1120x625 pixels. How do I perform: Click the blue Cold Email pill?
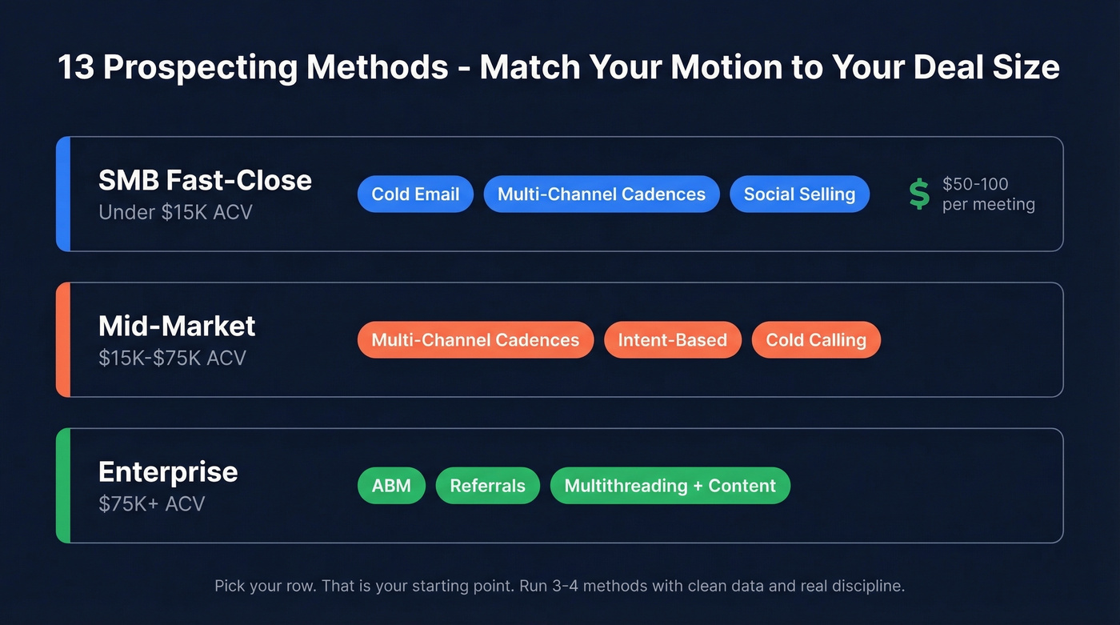pyautogui.click(x=415, y=194)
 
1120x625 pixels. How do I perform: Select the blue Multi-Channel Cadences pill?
pyautogui.click(x=601, y=194)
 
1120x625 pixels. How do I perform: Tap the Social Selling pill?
pyautogui.click(x=799, y=194)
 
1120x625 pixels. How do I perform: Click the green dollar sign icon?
pyautogui.click(x=919, y=194)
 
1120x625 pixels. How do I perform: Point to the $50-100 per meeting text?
pyautogui.click(x=988, y=194)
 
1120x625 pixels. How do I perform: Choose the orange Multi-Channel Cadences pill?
pyautogui.click(x=475, y=340)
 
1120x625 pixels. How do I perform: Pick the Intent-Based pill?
pyautogui.click(x=672, y=340)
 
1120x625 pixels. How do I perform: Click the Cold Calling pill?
pyautogui.click(x=815, y=340)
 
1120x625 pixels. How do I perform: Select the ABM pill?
pyautogui.click(x=391, y=486)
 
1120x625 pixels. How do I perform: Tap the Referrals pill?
pyautogui.click(x=487, y=486)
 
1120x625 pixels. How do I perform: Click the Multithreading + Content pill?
pyautogui.click(x=670, y=486)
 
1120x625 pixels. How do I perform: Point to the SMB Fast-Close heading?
pyautogui.click(x=205, y=180)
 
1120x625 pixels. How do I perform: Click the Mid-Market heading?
pyautogui.click(x=177, y=326)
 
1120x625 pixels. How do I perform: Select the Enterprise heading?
pyautogui.click(x=168, y=471)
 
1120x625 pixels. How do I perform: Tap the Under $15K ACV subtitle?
pyautogui.click(x=175, y=213)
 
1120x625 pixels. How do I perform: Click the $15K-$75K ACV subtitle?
pyautogui.click(x=172, y=358)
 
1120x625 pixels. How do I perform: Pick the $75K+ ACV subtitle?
pyautogui.click(x=152, y=504)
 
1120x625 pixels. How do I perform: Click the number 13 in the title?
pyautogui.click(x=75, y=67)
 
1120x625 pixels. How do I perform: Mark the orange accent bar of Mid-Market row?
pyautogui.click(x=63, y=340)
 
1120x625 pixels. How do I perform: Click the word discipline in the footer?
pyautogui.click(x=869, y=586)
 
